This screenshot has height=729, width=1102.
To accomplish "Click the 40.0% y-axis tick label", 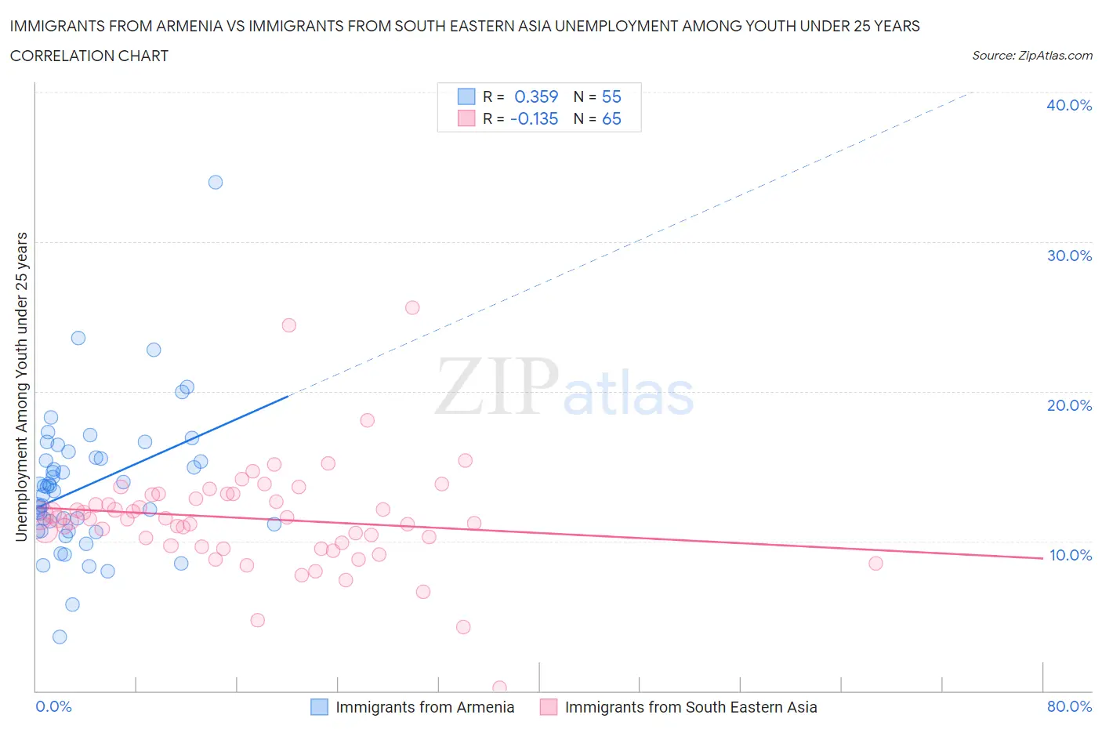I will tap(1068, 105).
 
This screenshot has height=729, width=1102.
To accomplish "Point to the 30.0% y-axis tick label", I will tap(1068, 256).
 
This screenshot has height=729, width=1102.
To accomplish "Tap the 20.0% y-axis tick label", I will tap(1068, 405).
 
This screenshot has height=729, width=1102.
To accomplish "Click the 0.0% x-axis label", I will tap(53, 706).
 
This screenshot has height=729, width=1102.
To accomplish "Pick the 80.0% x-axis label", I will tap(1068, 706).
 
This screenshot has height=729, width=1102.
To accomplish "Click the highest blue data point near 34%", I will tap(216, 182).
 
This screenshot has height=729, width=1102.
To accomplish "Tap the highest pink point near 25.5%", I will tap(412, 307).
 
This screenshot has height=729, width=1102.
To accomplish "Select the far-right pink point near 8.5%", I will tap(875, 564).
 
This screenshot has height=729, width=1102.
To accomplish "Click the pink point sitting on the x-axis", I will tap(499, 687).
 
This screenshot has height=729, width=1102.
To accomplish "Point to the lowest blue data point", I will tap(60, 637).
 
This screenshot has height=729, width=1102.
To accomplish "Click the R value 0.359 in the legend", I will tap(536, 96).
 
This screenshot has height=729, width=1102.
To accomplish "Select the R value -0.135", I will tap(534, 118).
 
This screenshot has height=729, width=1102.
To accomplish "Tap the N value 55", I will tap(611, 96).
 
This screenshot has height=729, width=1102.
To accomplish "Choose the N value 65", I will tap(611, 118).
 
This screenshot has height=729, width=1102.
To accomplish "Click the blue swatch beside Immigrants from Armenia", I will tap(319, 707).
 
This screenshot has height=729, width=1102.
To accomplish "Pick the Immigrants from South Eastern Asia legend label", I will tap(691, 707).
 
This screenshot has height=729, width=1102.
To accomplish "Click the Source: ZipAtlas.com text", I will tap(1031, 55).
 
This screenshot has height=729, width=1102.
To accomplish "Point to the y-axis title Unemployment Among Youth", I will tap(21, 386).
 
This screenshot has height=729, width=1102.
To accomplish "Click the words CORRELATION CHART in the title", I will tap(89, 56).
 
